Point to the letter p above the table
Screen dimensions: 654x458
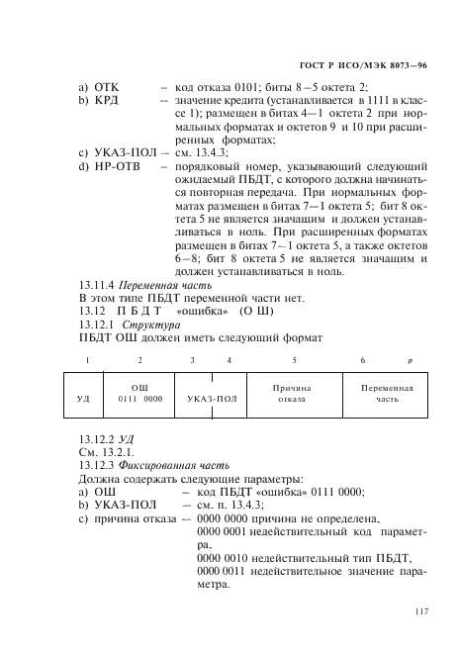click(411, 360)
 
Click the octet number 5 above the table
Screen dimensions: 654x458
click(295, 360)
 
